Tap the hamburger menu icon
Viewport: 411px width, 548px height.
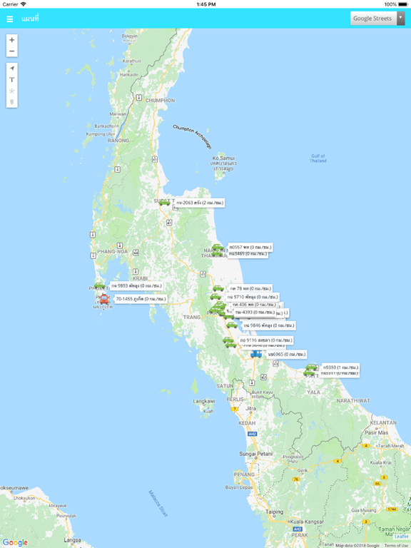(x=10, y=19)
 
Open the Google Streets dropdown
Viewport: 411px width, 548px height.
(x=377, y=19)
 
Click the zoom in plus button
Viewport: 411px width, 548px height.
(x=12, y=40)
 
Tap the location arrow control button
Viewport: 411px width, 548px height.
(x=12, y=68)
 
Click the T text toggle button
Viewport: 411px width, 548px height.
(x=12, y=80)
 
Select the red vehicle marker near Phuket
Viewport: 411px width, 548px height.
(x=104, y=300)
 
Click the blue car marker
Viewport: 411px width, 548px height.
(x=255, y=353)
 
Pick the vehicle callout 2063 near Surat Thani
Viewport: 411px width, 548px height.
(x=199, y=203)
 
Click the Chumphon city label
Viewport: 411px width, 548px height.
(x=160, y=101)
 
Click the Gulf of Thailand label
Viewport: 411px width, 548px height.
(x=318, y=158)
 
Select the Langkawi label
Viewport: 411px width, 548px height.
(x=204, y=402)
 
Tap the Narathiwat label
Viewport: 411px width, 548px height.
(x=354, y=401)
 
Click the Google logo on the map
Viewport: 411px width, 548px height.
(x=15, y=542)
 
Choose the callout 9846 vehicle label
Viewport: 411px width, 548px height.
(x=268, y=325)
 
